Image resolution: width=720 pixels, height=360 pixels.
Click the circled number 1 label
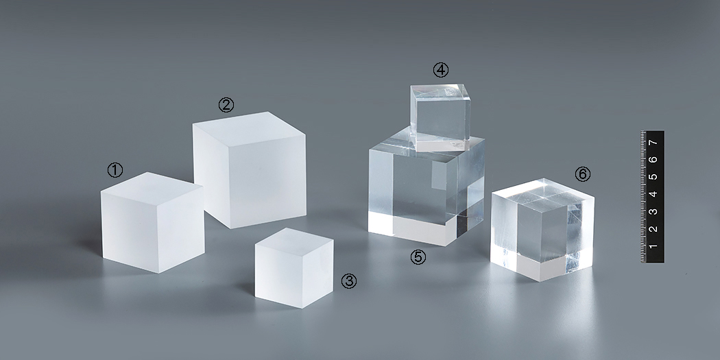point(115,170)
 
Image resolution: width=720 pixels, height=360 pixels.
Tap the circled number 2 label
point(226,105)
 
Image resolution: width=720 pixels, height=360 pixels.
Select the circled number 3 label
point(349,281)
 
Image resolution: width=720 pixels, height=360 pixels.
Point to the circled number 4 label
point(441,70)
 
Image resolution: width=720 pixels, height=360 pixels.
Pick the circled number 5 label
point(418,257)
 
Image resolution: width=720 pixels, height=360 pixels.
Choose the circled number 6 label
point(583,174)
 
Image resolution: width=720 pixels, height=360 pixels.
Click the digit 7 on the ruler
point(653,143)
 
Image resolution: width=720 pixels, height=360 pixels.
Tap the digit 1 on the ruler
point(653,246)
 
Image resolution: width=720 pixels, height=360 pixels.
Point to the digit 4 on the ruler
point(653,194)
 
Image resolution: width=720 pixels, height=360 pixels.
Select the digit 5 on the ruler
point(653,177)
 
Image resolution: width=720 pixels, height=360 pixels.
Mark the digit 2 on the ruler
point(653,228)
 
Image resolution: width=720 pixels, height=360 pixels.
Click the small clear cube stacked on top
point(440,117)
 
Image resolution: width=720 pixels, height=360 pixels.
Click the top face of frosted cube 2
point(250,129)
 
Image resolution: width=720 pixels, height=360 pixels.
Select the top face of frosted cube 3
point(294,239)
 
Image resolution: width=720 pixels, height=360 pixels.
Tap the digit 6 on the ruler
point(653,159)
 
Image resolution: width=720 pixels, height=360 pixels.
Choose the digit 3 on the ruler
point(653,211)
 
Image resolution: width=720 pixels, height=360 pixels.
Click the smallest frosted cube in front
point(294,267)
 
